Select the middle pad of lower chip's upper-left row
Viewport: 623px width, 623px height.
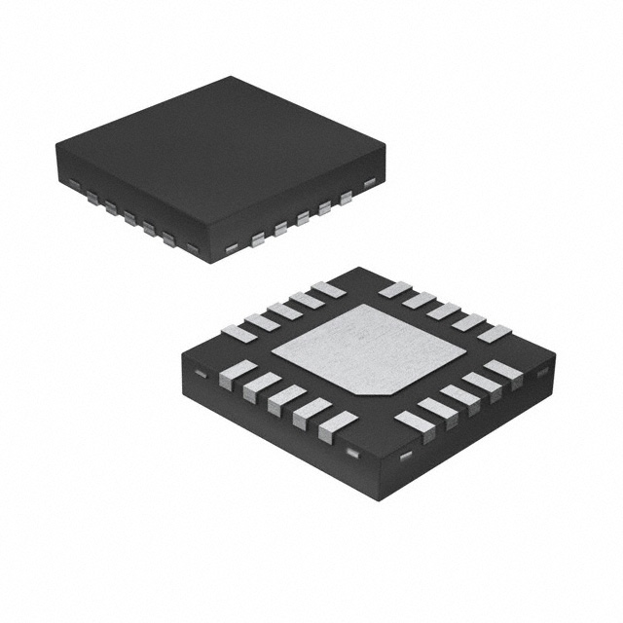(x=284, y=311)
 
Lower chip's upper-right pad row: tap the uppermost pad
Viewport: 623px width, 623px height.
(x=394, y=289)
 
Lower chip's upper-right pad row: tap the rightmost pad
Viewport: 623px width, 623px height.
(x=494, y=333)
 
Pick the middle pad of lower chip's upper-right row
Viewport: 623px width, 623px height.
(x=444, y=311)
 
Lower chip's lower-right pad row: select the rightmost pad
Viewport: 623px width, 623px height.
(x=503, y=371)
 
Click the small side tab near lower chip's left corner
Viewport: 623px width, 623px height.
(x=199, y=374)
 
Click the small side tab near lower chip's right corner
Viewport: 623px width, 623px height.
(x=543, y=372)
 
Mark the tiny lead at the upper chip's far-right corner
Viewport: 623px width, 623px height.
(x=369, y=182)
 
